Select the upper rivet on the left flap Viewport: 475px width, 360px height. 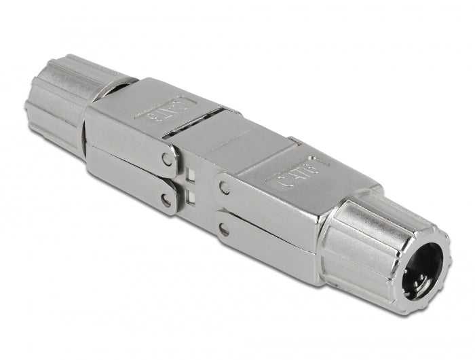167,161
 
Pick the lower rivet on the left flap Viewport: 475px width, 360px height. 165,200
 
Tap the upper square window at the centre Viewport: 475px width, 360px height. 191,179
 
